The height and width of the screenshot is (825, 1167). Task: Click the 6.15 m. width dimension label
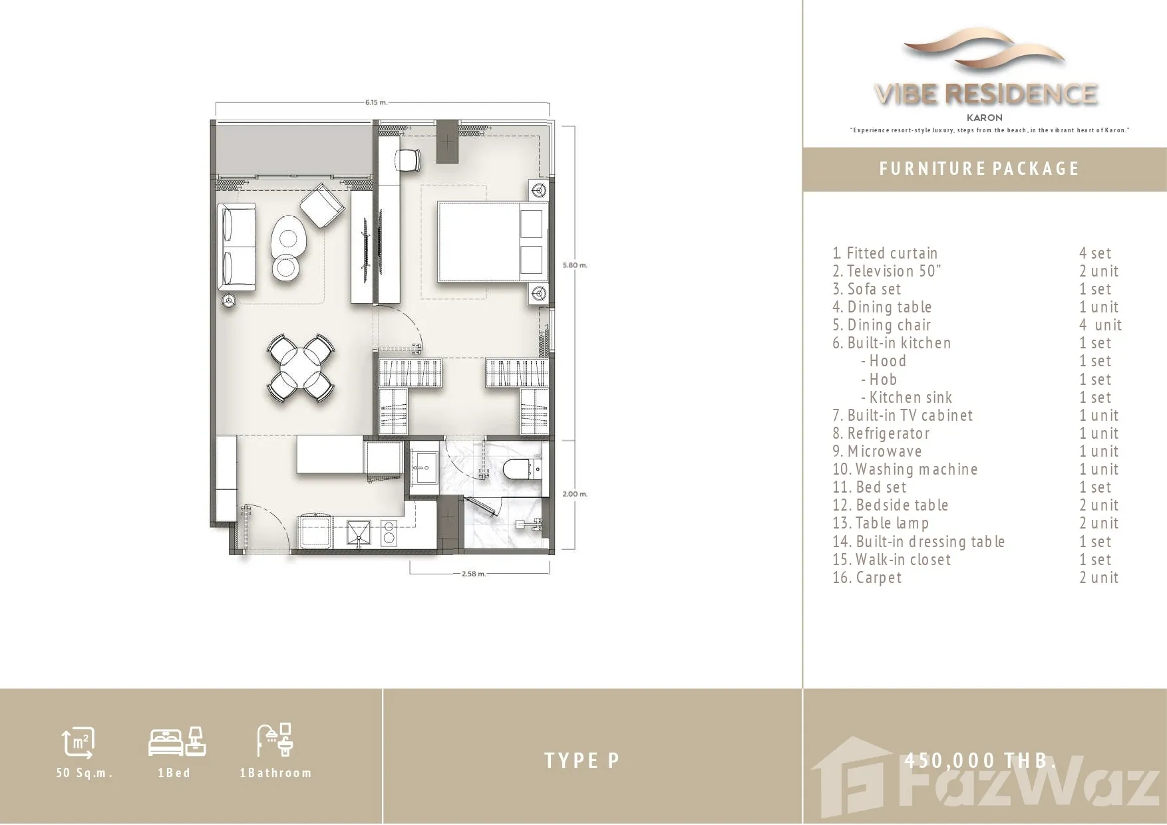point(376,102)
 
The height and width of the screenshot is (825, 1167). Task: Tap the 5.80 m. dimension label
point(575,265)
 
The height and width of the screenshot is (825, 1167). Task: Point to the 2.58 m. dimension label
point(474,574)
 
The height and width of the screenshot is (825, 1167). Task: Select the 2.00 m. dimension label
point(575,494)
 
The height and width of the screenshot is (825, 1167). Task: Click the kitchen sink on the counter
point(360,532)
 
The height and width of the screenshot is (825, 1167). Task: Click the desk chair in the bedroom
point(409,159)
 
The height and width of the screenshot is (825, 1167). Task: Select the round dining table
point(301,368)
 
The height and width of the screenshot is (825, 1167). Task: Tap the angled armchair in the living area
point(323,206)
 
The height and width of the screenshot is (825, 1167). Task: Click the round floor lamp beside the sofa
point(229,301)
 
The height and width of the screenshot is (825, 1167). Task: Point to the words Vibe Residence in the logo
point(985,94)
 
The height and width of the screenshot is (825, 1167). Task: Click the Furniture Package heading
point(979,169)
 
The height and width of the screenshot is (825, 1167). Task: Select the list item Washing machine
point(905,469)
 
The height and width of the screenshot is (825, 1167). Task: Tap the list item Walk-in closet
point(892,560)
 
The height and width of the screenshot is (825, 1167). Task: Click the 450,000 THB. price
point(980,760)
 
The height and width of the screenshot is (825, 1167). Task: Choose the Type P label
point(582,761)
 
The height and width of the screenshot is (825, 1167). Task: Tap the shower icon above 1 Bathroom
point(274,740)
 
